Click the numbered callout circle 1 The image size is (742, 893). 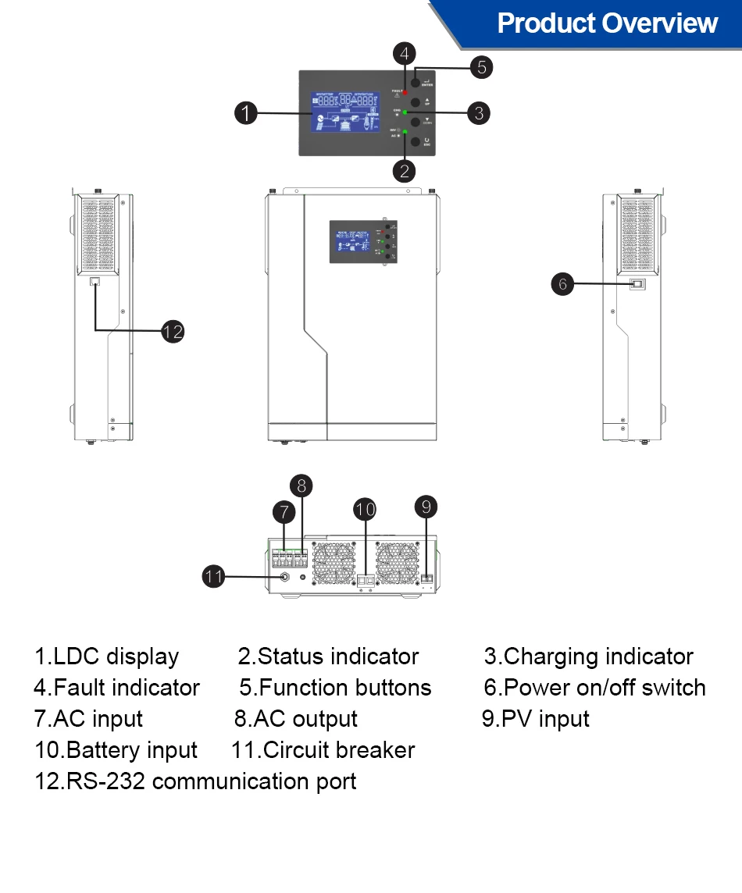pos(246,113)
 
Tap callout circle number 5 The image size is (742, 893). pos(481,67)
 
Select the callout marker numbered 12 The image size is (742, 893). pos(173,331)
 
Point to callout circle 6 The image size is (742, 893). pos(563,283)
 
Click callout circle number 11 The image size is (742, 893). pos(214,577)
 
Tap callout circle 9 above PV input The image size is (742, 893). pos(426,507)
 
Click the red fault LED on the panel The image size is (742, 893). pos(406,93)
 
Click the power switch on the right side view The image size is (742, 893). pos(637,284)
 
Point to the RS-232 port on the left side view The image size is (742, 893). pos(95,282)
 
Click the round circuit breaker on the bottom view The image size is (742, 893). pos(285,578)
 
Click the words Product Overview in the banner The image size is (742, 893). pos(607,23)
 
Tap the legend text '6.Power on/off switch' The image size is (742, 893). pos(594,688)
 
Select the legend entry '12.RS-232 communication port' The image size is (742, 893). pos(195,781)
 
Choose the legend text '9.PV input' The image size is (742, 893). pos(535,719)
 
